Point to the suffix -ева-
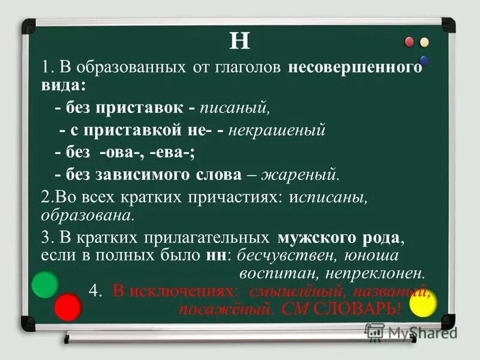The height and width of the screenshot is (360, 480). click(172, 152)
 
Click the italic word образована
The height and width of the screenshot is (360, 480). click(86, 214)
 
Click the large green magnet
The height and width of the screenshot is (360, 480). click(44, 284)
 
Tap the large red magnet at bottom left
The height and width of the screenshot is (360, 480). click(67, 308)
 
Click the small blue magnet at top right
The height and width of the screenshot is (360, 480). click(424, 60)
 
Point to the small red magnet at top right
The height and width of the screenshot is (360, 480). click(410, 42)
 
